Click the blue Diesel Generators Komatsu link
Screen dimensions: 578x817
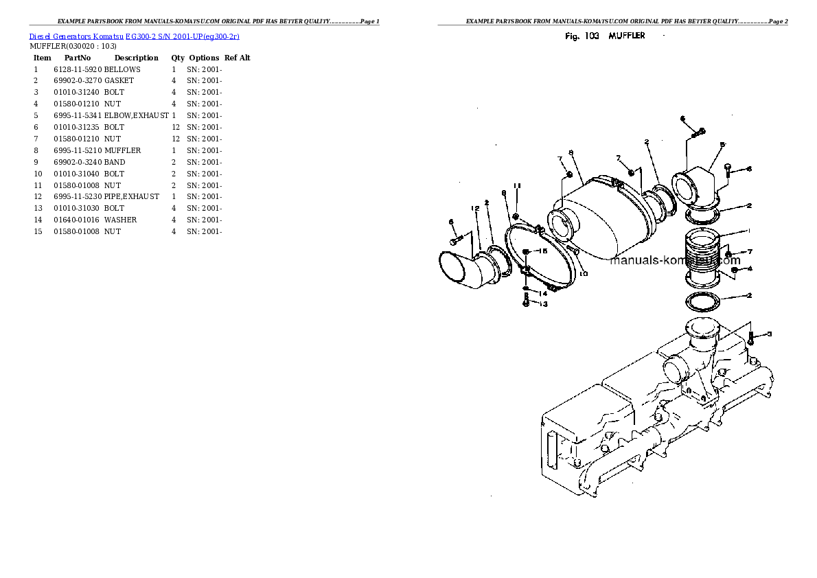(x=134, y=36)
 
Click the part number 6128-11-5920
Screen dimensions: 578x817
(x=78, y=69)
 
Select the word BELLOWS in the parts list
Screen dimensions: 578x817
(x=122, y=69)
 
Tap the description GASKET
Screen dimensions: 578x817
(x=119, y=81)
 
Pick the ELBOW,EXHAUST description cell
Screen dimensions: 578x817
(x=136, y=116)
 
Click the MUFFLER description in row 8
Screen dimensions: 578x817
(x=122, y=150)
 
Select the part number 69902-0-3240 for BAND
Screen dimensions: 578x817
(x=78, y=162)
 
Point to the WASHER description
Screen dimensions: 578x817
(x=120, y=220)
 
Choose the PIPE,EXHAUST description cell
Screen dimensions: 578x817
(x=131, y=196)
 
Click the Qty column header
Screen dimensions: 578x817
(x=178, y=58)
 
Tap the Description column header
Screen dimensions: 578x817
(x=136, y=58)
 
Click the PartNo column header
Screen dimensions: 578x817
(x=78, y=58)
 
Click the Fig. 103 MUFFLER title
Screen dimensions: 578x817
(x=605, y=36)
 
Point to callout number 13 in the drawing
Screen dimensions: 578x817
(x=543, y=304)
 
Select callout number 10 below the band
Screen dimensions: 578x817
(x=583, y=274)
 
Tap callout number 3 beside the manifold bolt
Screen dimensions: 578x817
(x=769, y=334)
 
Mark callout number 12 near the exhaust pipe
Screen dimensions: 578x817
(x=474, y=208)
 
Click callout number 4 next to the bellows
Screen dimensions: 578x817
(x=750, y=268)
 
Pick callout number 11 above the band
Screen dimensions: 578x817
(x=517, y=186)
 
